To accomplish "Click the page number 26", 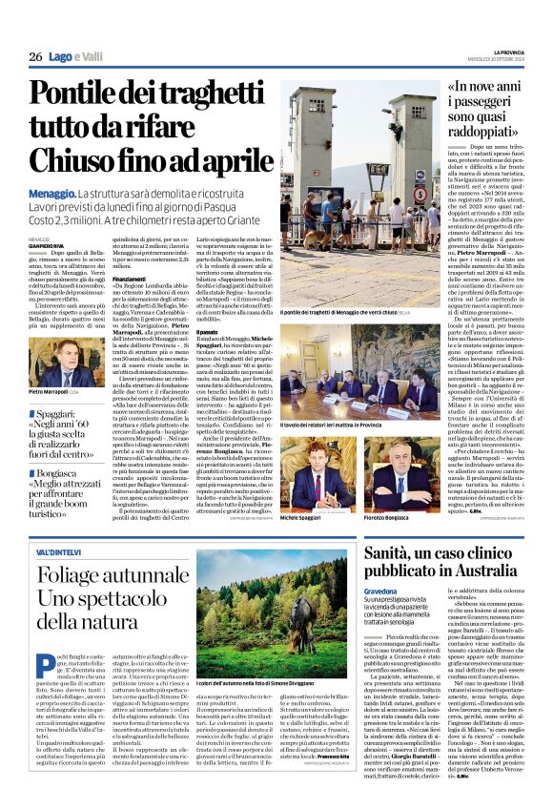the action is pyautogui.click(x=35, y=57).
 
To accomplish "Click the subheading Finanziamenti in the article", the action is pyautogui.click(x=132, y=279).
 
